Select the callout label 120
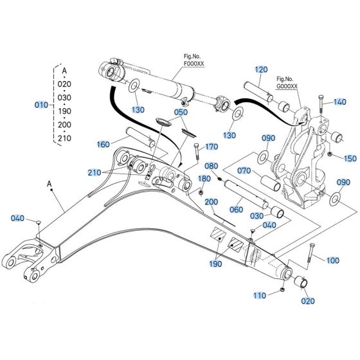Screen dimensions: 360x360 coord(260,69)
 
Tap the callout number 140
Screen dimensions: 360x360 coord(340,102)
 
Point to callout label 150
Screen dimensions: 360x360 coord(349,158)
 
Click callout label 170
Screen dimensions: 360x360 coord(211,147)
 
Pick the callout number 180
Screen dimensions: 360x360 coord(204,178)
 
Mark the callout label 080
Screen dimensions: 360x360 coord(211,166)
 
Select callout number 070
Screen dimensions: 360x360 coord(245,172)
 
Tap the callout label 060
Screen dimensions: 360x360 coord(236,210)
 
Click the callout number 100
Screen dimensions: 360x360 coord(332,260)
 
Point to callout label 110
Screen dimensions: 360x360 coord(258,296)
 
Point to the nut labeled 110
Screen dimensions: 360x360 coord(282,292)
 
